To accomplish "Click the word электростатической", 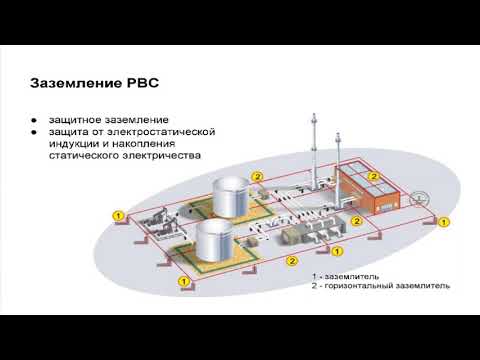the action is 163,133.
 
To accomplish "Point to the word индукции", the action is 71,145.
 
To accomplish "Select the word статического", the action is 84,157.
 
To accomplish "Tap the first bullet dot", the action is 33,122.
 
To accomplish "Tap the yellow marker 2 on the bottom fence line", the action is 290,263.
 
